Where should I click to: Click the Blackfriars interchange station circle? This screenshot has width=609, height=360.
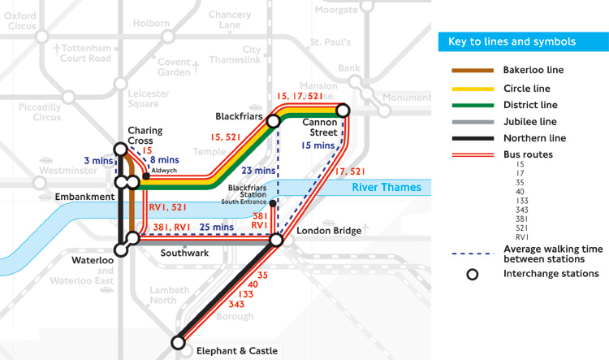[x=274, y=121]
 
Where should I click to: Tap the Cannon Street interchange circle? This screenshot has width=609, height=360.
[x=343, y=109]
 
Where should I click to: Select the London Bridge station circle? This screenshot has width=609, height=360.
[x=276, y=240]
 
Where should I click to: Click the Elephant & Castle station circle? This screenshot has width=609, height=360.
[x=179, y=343]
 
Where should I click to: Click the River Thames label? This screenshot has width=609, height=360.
[x=387, y=188]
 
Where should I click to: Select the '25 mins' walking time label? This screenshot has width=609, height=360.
[x=217, y=228]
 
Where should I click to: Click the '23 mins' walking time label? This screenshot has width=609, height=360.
[x=259, y=171]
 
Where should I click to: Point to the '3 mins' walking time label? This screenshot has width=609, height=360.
[x=98, y=161]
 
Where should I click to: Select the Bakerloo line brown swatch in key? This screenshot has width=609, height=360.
[x=472, y=71]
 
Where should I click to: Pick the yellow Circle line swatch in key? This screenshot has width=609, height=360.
[x=472, y=88]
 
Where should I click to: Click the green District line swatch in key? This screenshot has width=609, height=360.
[x=472, y=105]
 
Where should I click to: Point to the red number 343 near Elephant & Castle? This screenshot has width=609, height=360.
[x=237, y=304]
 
